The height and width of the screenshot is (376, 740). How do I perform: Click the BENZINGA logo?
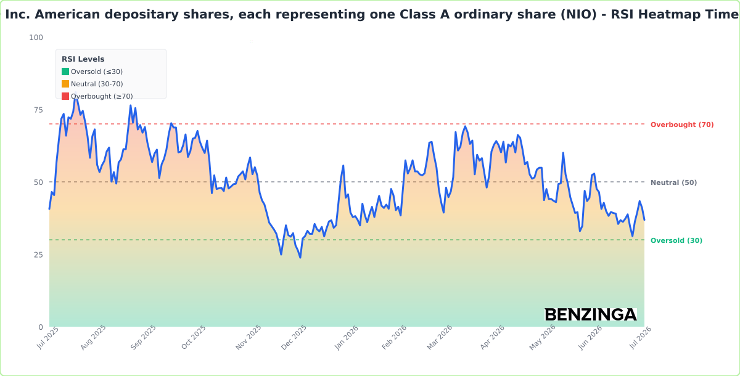click(x=591, y=314)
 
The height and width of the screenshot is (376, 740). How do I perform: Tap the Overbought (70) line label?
click(x=682, y=125)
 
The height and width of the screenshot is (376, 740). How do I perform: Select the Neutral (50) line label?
click(x=673, y=182)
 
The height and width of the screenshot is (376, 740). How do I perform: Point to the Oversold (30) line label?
click(x=676, y=240)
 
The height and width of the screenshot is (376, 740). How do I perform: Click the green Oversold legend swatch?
click(x=65, y=72)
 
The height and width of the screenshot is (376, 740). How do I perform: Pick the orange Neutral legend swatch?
click(x=65, y=84)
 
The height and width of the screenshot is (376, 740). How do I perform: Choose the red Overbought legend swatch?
click(x=65, y=96)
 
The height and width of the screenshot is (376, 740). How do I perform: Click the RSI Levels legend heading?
click(x=83, y=59)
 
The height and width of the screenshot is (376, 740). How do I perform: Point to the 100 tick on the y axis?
click(x=36, y=38)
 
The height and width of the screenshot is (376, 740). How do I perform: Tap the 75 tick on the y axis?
click(x=38, y=110)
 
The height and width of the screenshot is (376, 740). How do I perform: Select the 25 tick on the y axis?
click(x=38, y=255)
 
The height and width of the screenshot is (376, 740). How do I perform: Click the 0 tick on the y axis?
click(x=41, y=327)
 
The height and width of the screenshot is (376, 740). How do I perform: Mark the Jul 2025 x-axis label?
click(x=47, y=338)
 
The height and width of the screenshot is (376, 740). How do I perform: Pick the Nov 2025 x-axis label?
click(x=249, y=337)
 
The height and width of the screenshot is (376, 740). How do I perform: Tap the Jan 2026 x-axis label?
click(x=346, y=338)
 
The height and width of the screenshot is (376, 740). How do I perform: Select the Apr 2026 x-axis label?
click(x=492, y=337)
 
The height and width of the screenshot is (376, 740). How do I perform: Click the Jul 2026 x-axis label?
click(x=640, y=338)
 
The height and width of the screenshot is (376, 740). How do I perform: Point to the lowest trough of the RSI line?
click(x=300, y=258)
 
